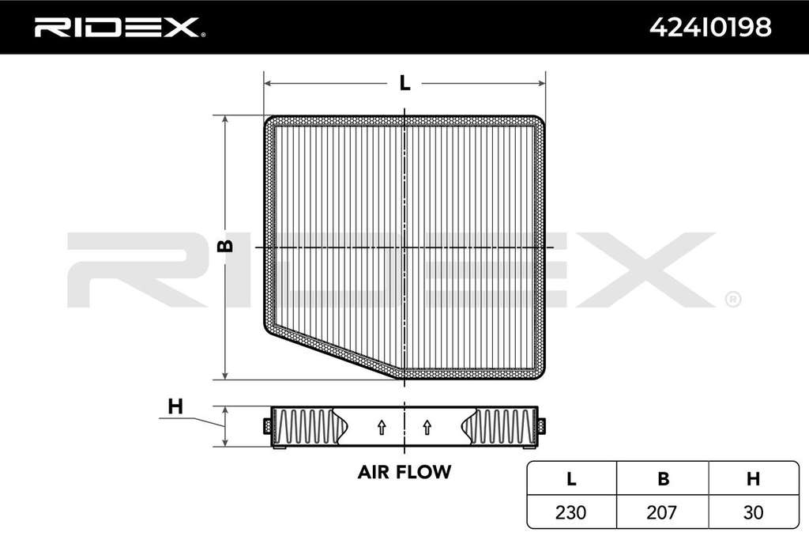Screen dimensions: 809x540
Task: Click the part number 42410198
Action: [x=710, y=27]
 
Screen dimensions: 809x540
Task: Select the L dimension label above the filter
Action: [x=405, y=82]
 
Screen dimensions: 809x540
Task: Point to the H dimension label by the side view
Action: [x=175, y=406]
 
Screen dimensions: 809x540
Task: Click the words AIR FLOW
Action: [x=404, y=472]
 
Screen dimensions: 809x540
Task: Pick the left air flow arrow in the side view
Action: [x=382, y=427]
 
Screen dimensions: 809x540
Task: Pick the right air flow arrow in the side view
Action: [x=427, y=427]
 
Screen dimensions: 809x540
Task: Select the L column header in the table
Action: [x=571, y=479]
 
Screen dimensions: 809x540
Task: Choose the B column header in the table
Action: [x=663, y=479]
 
